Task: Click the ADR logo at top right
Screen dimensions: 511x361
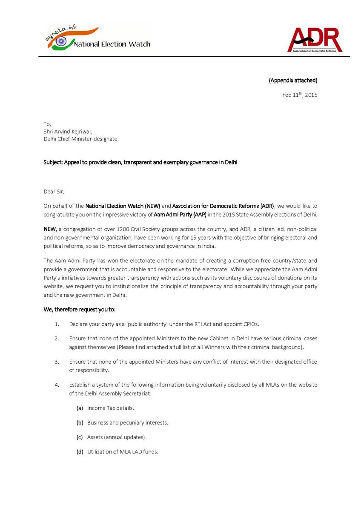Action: click(x=315, y=40)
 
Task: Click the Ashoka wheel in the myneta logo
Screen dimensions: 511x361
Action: click(x=61, y=41)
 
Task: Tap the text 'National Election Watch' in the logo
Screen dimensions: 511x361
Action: click(x=112, y=44)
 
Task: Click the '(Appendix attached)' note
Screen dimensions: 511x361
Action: click(x=293, y=80)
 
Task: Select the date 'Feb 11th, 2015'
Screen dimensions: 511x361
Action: click(x=300, y=95)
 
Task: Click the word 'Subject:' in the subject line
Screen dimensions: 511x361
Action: click(x=53, y=163)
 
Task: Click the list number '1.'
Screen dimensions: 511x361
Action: click(x=57, y=324)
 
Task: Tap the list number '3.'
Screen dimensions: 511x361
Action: click(x=57, y=362)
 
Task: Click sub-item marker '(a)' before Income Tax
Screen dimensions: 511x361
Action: click(x=80, y=408)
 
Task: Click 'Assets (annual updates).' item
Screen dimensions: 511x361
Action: click(x=117, y=437)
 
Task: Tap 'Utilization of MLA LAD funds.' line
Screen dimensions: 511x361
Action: click(x=123, y=452)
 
